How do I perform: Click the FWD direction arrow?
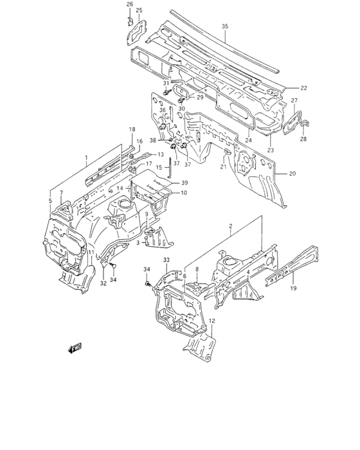(x=75, y=348)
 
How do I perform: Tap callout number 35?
(x=225, y=26)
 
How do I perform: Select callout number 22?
(x=303, y=88)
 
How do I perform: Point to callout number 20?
(x=292, y=174)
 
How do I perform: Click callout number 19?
(x=293, y=288)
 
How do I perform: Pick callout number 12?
(x=212, y=321)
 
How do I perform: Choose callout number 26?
(x=130, y=4)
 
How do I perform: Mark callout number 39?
(x=184, y=183)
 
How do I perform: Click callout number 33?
(x=166, y=260)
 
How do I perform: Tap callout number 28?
(x=303, y=139)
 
